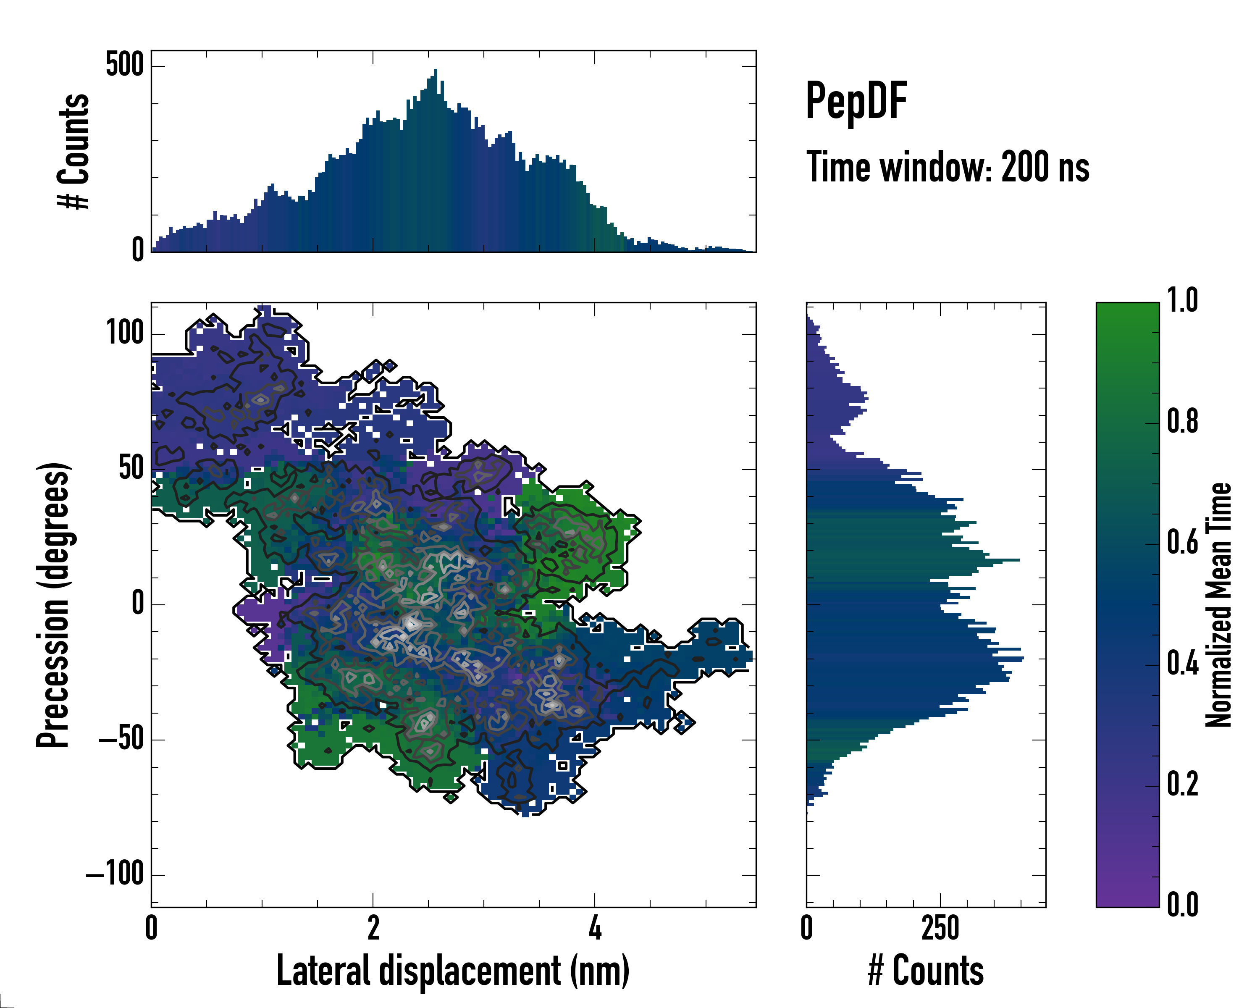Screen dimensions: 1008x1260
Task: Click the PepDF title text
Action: click(x=856, y=101)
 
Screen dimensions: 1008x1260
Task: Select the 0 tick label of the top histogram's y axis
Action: click(x=137, y=250)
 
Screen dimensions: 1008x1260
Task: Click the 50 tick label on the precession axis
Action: click(x=131, y=469)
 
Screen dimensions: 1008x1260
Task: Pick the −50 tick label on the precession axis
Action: click(x=121, y=739)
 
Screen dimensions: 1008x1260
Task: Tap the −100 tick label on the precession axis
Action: click(x=115, y=875)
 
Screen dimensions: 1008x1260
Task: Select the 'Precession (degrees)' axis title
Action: click(x=54, y=605)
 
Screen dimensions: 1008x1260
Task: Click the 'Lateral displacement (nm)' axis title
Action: click(x=453, y=971)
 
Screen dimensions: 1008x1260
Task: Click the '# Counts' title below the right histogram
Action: click(x=926, y=971)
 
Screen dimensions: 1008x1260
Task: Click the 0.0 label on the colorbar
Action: click(x=1182, y=905)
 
